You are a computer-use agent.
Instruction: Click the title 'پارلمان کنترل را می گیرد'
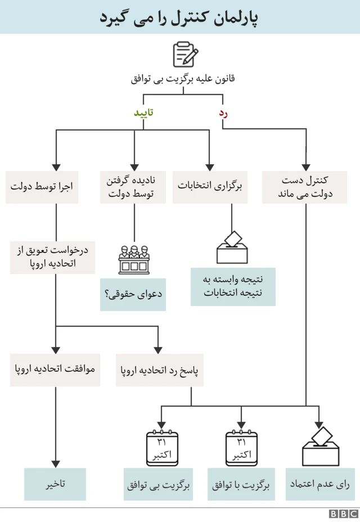pos(180,17)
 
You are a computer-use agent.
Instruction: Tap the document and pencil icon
pos(185,55)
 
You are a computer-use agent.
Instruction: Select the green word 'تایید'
pos(143,112)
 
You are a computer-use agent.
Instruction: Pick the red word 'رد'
pos(223,112)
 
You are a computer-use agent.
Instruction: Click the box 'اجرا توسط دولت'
pos(42,186)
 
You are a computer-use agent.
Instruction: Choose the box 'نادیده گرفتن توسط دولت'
pos(133,186)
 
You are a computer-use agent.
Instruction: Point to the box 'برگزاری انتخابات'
pos(210,186)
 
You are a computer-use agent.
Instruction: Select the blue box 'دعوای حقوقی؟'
pos(133,294)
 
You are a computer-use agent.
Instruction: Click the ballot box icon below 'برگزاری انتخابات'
pos(232,247)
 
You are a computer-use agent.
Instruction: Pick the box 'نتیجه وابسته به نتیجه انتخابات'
pos(233,286)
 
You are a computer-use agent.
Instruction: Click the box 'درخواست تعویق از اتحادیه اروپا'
pos(53,256)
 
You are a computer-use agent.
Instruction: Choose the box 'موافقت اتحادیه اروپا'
pos(55,370)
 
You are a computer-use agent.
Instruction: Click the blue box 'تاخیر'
pos(55,484)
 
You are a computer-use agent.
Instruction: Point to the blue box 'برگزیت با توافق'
pos(241,484)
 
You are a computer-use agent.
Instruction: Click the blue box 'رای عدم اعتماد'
pos(319,484)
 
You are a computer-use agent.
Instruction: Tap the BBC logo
pos(344,514)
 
